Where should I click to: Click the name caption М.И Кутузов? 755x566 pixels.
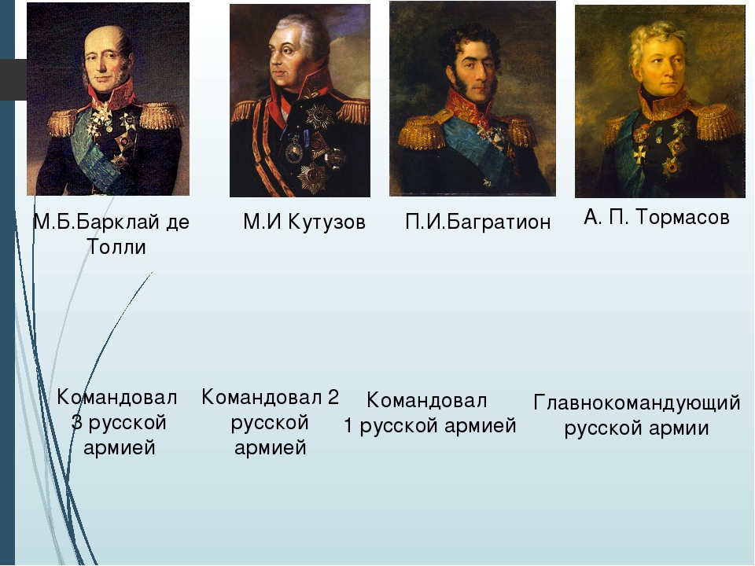coord(304,222)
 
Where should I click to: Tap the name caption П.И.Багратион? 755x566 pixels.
coord(477,222)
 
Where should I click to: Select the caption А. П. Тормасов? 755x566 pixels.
coord(657,217)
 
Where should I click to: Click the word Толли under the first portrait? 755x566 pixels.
coord(116,247)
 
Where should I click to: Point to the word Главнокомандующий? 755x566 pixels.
coord(636,403)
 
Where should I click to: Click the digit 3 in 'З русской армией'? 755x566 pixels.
coord(76,423)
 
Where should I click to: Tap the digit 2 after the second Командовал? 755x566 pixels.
coord(333,397)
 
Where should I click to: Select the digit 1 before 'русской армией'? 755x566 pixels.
coord(348,425)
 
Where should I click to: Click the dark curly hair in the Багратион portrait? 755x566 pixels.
coord(470,44)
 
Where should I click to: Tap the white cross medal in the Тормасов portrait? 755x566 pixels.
coord(639,155)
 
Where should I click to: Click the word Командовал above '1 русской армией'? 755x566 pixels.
coord(426,400)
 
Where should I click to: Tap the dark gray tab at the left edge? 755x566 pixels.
coord(13,79)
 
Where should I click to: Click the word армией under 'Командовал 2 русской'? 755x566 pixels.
coord(270,447)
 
